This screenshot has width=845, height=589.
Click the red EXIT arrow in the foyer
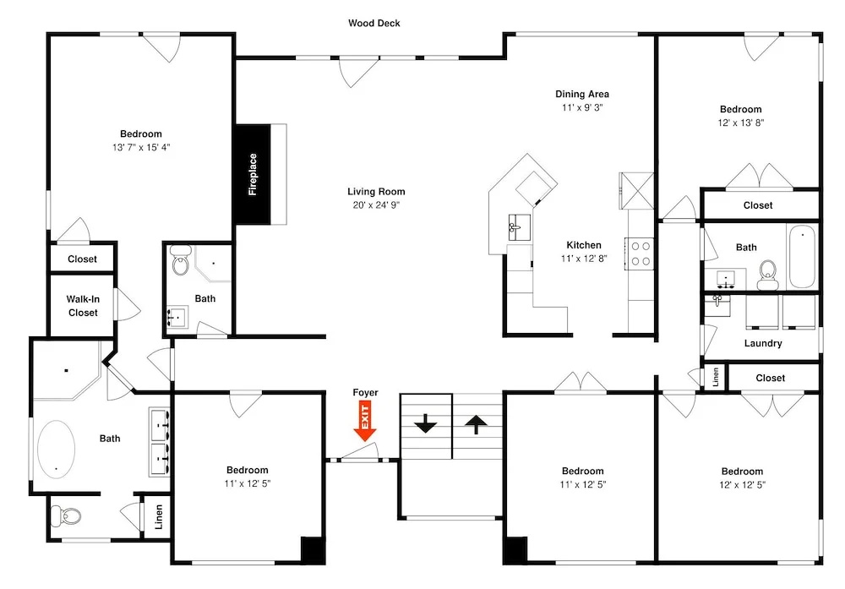[x=365, y=421]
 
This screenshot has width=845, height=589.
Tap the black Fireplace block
[x=253, y=174]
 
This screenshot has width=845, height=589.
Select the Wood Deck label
[x=374, y=23]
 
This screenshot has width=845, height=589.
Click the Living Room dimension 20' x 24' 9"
[x=376, y=205]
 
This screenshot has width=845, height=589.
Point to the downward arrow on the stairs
[x=426, y=423]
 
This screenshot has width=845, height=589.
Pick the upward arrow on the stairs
[x=476, y=423]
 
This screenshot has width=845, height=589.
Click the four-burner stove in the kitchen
[x=640, y=254]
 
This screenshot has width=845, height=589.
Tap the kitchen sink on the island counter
[x=519, y=227]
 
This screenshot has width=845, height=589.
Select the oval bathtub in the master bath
[x=56, y=449]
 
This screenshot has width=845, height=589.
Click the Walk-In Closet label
[x=83, y=306]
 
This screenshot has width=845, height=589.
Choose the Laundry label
[x=763, y=343]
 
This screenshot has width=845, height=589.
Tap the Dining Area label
[x=582, y=94]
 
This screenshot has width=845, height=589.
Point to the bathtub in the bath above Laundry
[x=803, y=257]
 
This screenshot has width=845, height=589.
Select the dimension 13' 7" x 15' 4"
[x=141, y=147]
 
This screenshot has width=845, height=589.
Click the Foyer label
[x=365, y=392]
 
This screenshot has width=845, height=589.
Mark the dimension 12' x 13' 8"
[x=741, y=123]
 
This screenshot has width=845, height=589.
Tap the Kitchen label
[x=584, y=245]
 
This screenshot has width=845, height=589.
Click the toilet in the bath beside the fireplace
[x=180, y=261]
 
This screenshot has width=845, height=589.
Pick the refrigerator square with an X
[x=636, y=190]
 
